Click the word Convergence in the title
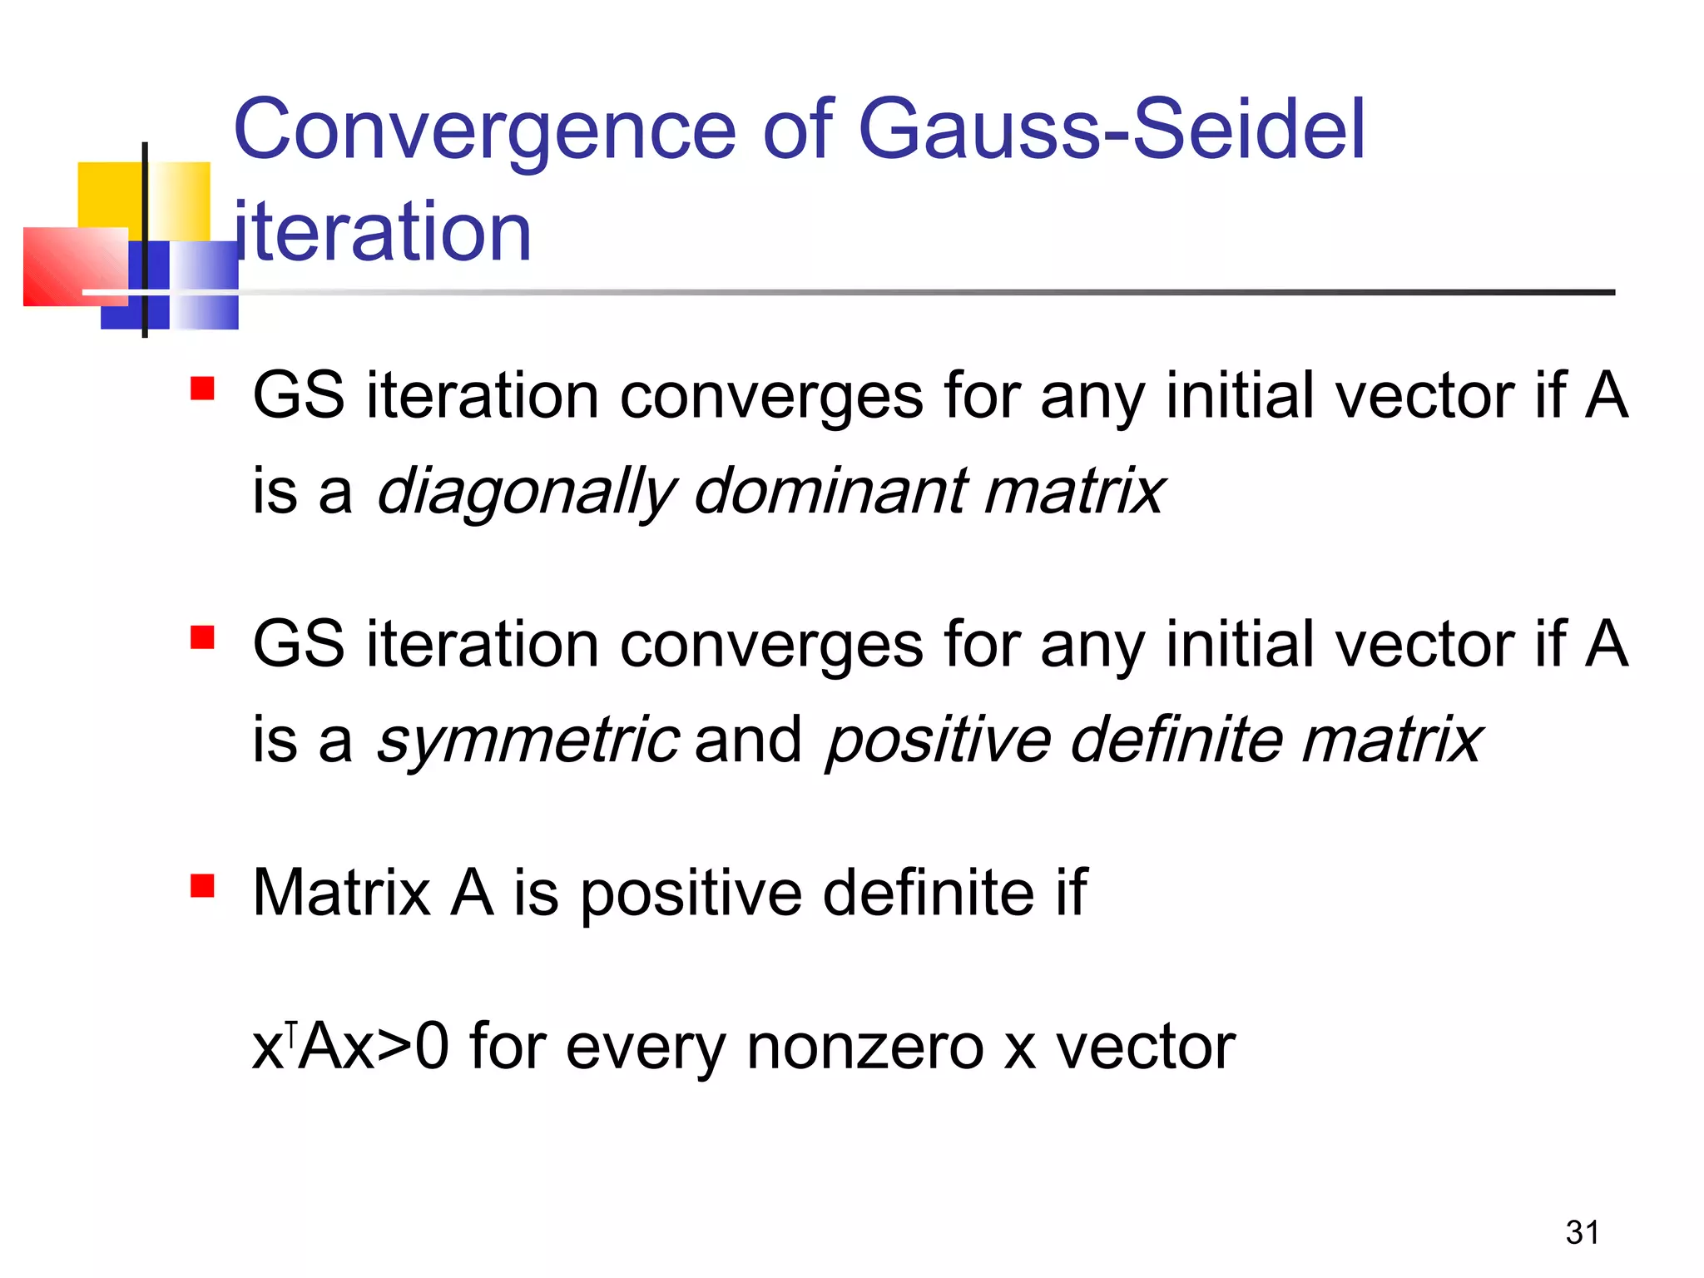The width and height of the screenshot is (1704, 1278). pos(485,131)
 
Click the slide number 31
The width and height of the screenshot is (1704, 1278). pos(1582,1232)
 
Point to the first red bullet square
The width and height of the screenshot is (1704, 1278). pos(202,389)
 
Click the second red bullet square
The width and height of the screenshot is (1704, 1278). pos(202,637)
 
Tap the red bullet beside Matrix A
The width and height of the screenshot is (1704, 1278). pos(202,886)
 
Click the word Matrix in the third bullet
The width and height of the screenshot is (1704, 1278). pos(341,893)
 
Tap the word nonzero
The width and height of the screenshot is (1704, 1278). pos(865,1048)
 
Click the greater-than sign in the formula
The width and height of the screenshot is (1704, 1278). pos(394,1048)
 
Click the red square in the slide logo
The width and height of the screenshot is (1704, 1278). pos(75,266)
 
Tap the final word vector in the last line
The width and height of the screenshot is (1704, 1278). pos(1146,1048)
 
